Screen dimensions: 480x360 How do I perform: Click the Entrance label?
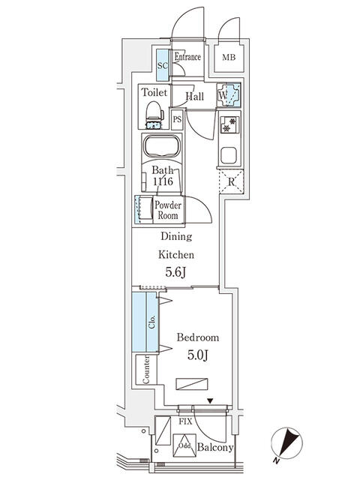coord(187,57)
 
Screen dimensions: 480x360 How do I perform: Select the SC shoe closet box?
coord(162,64)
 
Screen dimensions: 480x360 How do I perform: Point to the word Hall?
coord(195,97)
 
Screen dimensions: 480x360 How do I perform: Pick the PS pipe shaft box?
coord(177,119)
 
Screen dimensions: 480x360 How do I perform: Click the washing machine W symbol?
coord(229,95)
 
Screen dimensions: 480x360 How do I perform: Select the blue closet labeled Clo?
coord(145,322)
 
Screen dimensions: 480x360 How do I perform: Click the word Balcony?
coord(216,448)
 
